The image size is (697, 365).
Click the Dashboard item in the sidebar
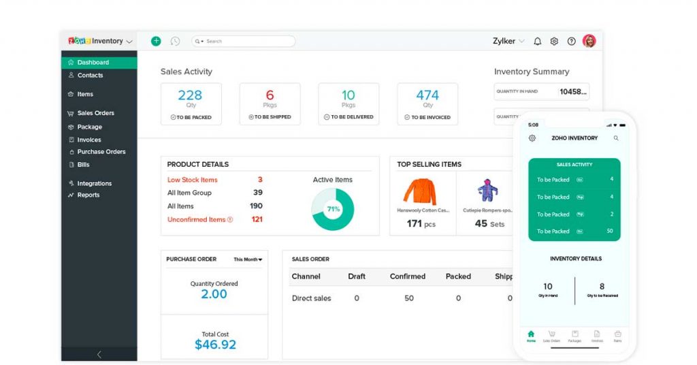pyautogui.click(x=93, y=63)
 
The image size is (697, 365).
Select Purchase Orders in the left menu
pyautogui.click(x=101, y=152)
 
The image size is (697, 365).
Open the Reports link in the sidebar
pyautogui.click(x=88, y=195)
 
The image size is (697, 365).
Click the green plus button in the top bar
pyautogui.click(x=156, y=42)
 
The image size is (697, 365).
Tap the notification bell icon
pyautogui.click(x=538, y=42)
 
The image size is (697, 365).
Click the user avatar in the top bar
pyautogui.click(x=589, y=41)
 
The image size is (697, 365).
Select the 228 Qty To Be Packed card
pyautogui.click(x=191, y=104)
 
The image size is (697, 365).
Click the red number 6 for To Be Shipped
pyautogui.click(x=270, y=95)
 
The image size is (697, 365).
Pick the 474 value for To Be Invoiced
pyautogui.click(x=427, y=95)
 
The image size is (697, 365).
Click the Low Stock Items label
pyautogui.click(x=193, y=180)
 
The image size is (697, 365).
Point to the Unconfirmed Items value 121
pyautogui.click(x=257, y=219)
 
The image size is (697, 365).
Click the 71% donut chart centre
pyautogui.click(x=333, y=209)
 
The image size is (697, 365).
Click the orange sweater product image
pyautogui.click(x=419, y=192)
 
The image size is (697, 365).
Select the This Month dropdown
pyautogui.click(x=248, y=259)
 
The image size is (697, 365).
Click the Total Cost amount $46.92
pyautogui.click(x=215, y=345)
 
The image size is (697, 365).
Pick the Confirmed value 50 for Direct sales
pyautogui.click(x=408, y=298)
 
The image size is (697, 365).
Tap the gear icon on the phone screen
pyautogui.click(x=532, y=138)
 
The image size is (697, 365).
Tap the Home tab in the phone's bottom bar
pyautogui.click(x=531, y=335)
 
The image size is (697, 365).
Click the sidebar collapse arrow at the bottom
pyautogui.click(x=99, y=354)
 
